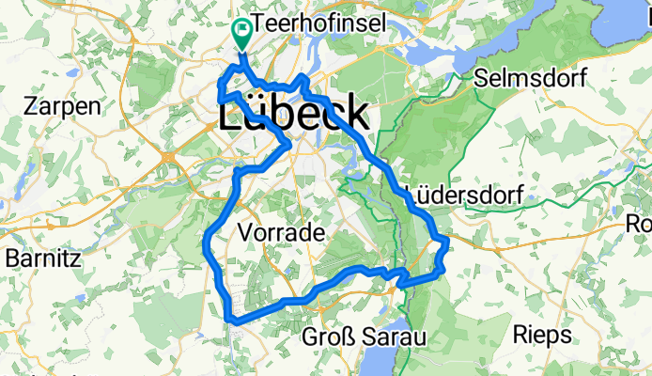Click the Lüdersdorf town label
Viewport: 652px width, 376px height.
click(467, 194)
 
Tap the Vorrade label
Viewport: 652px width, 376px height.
click(281, 231)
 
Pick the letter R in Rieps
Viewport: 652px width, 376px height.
click(521, 334)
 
